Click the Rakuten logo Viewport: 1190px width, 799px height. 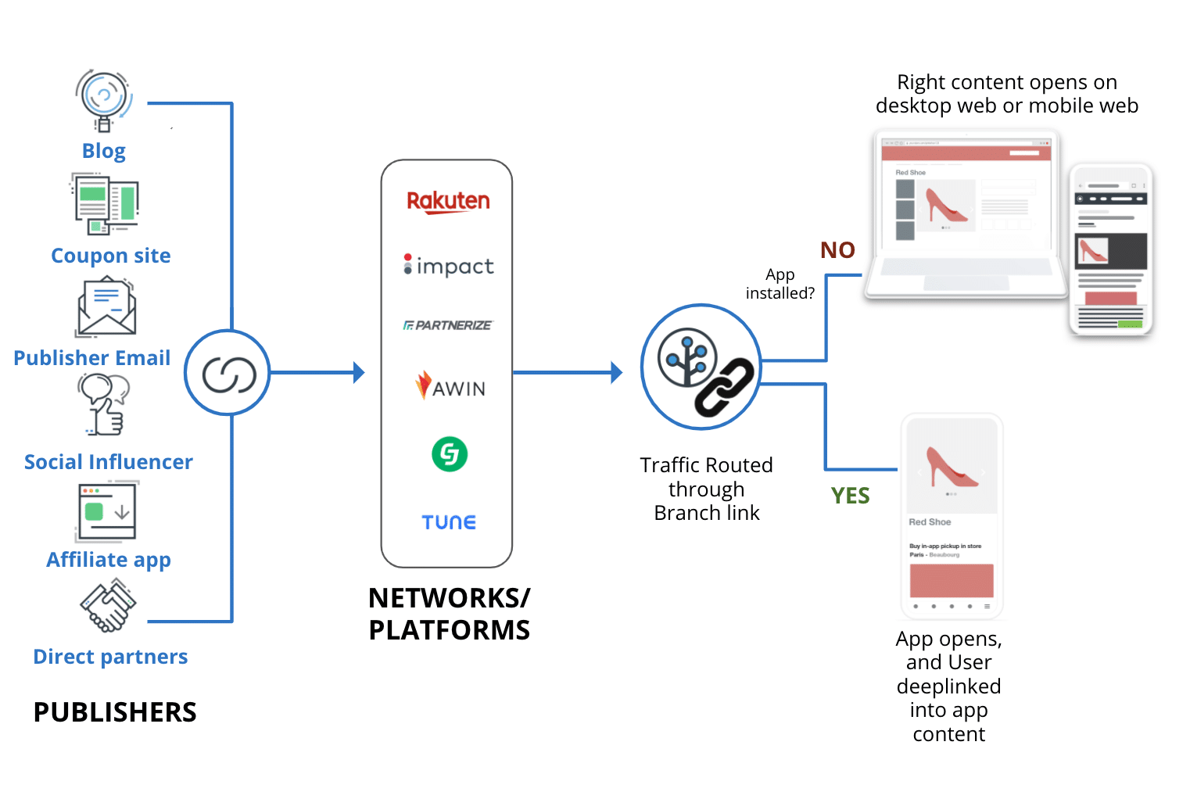(x=448, y=201)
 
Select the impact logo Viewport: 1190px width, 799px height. (x=449, y=266)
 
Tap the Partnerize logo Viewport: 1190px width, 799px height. (x=448, y=325)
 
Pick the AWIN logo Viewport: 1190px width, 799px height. (x=450, y=386)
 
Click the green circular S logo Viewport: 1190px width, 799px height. (x=450, y=453)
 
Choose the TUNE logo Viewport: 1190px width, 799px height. (x=449, y=522)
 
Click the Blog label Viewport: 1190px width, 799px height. (x=103, y=151)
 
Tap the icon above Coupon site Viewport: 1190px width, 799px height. (x=106, y=204)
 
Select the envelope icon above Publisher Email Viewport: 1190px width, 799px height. (x=106, y=308)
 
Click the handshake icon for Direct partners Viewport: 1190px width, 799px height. (x=108, y=605)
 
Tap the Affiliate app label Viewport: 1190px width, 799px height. (x=109, y=560)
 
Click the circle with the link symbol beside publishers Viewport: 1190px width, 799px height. (x=228, y=373)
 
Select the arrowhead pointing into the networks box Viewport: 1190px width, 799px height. (x=359, y=373)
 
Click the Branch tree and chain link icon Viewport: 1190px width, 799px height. (x=701, y=367)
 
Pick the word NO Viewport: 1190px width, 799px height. (x=837, y=250)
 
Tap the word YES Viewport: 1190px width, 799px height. (x=850, y=496)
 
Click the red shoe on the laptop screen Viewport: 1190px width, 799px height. (x=945, y=206)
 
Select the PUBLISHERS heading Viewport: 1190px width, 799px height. (x=115, y=712)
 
